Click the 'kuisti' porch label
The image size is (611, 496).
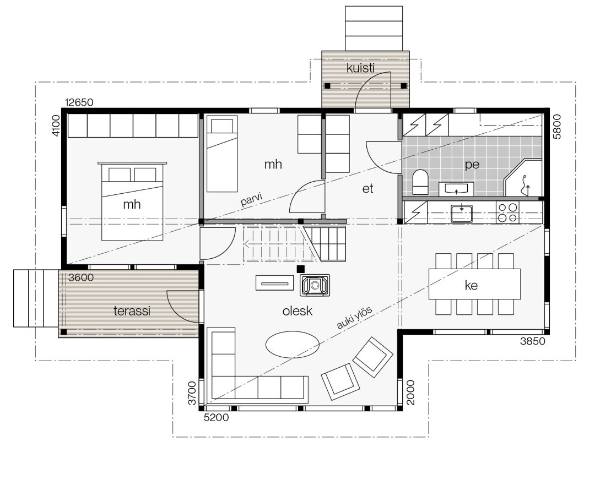point(360,68)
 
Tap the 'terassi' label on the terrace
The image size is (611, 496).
point(132,311)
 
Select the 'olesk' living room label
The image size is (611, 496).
point(298,311)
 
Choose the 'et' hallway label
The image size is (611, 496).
point(368,188)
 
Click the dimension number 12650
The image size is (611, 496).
point(79,102)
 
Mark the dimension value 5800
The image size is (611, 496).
point(557,127)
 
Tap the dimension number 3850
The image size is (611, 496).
point(533,341)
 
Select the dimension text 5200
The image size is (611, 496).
point(217,418)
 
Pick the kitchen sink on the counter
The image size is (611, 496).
point(461,212)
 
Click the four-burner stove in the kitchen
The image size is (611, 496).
point(507,212)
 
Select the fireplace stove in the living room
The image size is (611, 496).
point(315,285)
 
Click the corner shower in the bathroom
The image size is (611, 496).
point(523,179)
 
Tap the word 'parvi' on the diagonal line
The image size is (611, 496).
point(250,199)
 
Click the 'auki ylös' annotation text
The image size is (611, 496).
point(355,318)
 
